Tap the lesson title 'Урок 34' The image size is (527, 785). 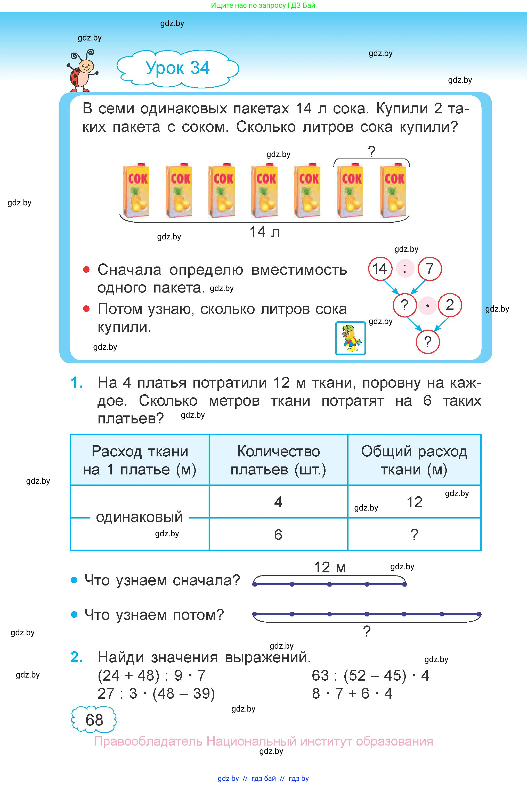177,68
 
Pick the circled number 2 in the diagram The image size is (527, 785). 449,305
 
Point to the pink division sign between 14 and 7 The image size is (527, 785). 405,269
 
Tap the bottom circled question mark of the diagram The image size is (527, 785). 427,342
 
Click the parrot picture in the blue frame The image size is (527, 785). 350,338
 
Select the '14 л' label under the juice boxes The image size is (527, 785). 264,232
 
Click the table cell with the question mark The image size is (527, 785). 414,534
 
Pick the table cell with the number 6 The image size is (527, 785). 278,534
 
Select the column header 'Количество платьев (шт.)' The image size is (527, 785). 278,460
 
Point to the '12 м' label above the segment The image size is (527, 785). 330,567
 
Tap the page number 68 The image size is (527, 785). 94,720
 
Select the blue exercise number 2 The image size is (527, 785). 77,657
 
